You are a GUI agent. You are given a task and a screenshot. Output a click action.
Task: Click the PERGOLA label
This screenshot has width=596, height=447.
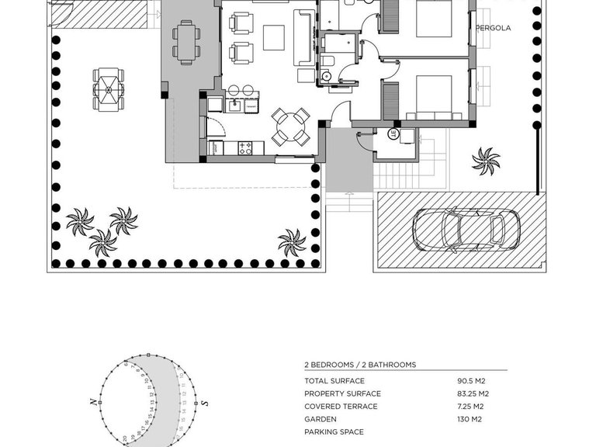pyautogui.click(x=494, y=28)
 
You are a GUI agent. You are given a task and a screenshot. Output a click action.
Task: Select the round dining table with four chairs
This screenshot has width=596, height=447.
pyautogui.click(x=290, y=126)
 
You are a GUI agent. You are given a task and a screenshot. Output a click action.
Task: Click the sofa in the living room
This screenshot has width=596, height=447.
pyautogui.click(x=303, y=37)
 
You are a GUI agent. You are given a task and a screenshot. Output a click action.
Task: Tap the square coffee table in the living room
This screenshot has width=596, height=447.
pyautogui.click(x=273, y=37)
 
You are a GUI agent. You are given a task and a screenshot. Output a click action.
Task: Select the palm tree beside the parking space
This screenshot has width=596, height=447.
pyautogui.click(x=487, y=161)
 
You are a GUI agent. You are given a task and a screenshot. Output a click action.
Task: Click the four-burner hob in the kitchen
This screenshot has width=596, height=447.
pyautogui.click(x=246, y=147)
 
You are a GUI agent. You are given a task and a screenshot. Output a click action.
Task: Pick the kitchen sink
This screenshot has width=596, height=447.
pyautogui.click(x=233, y=106)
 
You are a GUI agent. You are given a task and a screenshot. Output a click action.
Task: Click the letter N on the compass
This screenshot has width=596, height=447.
pyautogui.click(x=92, y=402)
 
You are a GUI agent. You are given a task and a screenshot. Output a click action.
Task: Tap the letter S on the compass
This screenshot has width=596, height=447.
pyautogui.click(x=205, y=403)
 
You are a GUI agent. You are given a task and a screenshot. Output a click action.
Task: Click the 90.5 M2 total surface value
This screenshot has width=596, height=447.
pyautogui.click(x=471, y=381)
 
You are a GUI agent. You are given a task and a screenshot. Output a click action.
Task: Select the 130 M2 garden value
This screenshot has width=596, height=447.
pyautogui.click(x=470, y=419)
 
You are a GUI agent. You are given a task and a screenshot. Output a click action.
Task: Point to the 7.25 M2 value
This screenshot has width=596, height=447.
pyautogui.click(x=471, y=407)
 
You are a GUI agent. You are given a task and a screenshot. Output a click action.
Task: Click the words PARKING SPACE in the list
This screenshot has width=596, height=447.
pyautogui.click(x=334, y=432)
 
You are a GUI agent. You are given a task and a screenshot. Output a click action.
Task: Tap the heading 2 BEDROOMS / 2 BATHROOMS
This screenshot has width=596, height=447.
pyautogui.click(x=360, y=365)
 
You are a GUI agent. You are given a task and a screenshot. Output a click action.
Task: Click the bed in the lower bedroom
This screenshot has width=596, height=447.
pyautogui.click(x=432, y=97)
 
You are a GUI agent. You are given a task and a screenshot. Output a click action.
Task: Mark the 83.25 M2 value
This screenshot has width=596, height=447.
pyautogui.click(x=473, y=393)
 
